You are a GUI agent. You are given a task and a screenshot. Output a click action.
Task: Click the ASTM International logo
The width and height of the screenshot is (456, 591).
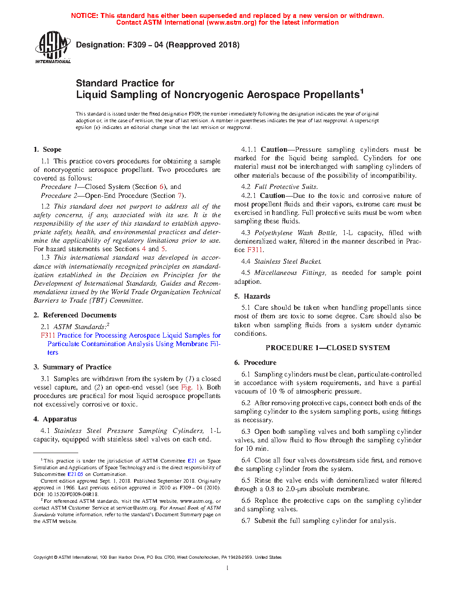pos(52,47)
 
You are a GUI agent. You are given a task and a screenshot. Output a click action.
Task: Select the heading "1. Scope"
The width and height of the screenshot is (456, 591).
pos(47,150)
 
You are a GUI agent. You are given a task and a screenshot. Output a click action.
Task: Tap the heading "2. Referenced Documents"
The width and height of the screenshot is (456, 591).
pos(75,315)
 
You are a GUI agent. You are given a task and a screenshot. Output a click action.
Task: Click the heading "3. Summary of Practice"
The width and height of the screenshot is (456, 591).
pos(72,367)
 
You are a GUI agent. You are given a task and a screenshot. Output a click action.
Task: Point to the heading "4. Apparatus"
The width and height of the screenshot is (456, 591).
pos(55,419)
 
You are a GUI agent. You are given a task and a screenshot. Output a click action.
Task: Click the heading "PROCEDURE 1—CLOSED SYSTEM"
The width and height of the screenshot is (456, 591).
pos(328,348)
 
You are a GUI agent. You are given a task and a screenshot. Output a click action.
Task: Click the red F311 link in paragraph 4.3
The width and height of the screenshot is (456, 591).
pos(255,250)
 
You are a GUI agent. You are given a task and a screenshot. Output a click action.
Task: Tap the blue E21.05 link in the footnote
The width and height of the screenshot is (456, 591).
pos(76,474)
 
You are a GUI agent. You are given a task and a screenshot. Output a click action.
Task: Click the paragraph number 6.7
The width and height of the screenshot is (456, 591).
pos(246,521)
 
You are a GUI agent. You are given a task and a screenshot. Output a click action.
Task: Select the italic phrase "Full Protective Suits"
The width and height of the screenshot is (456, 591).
pos(286,187)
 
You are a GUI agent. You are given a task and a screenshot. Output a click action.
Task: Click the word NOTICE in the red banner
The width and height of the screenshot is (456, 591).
pos(84,16)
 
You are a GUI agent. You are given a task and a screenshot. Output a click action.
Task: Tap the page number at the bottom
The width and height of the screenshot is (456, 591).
pos(228,568)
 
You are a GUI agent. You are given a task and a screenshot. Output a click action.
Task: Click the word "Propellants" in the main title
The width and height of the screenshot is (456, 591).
pos(331,95)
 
